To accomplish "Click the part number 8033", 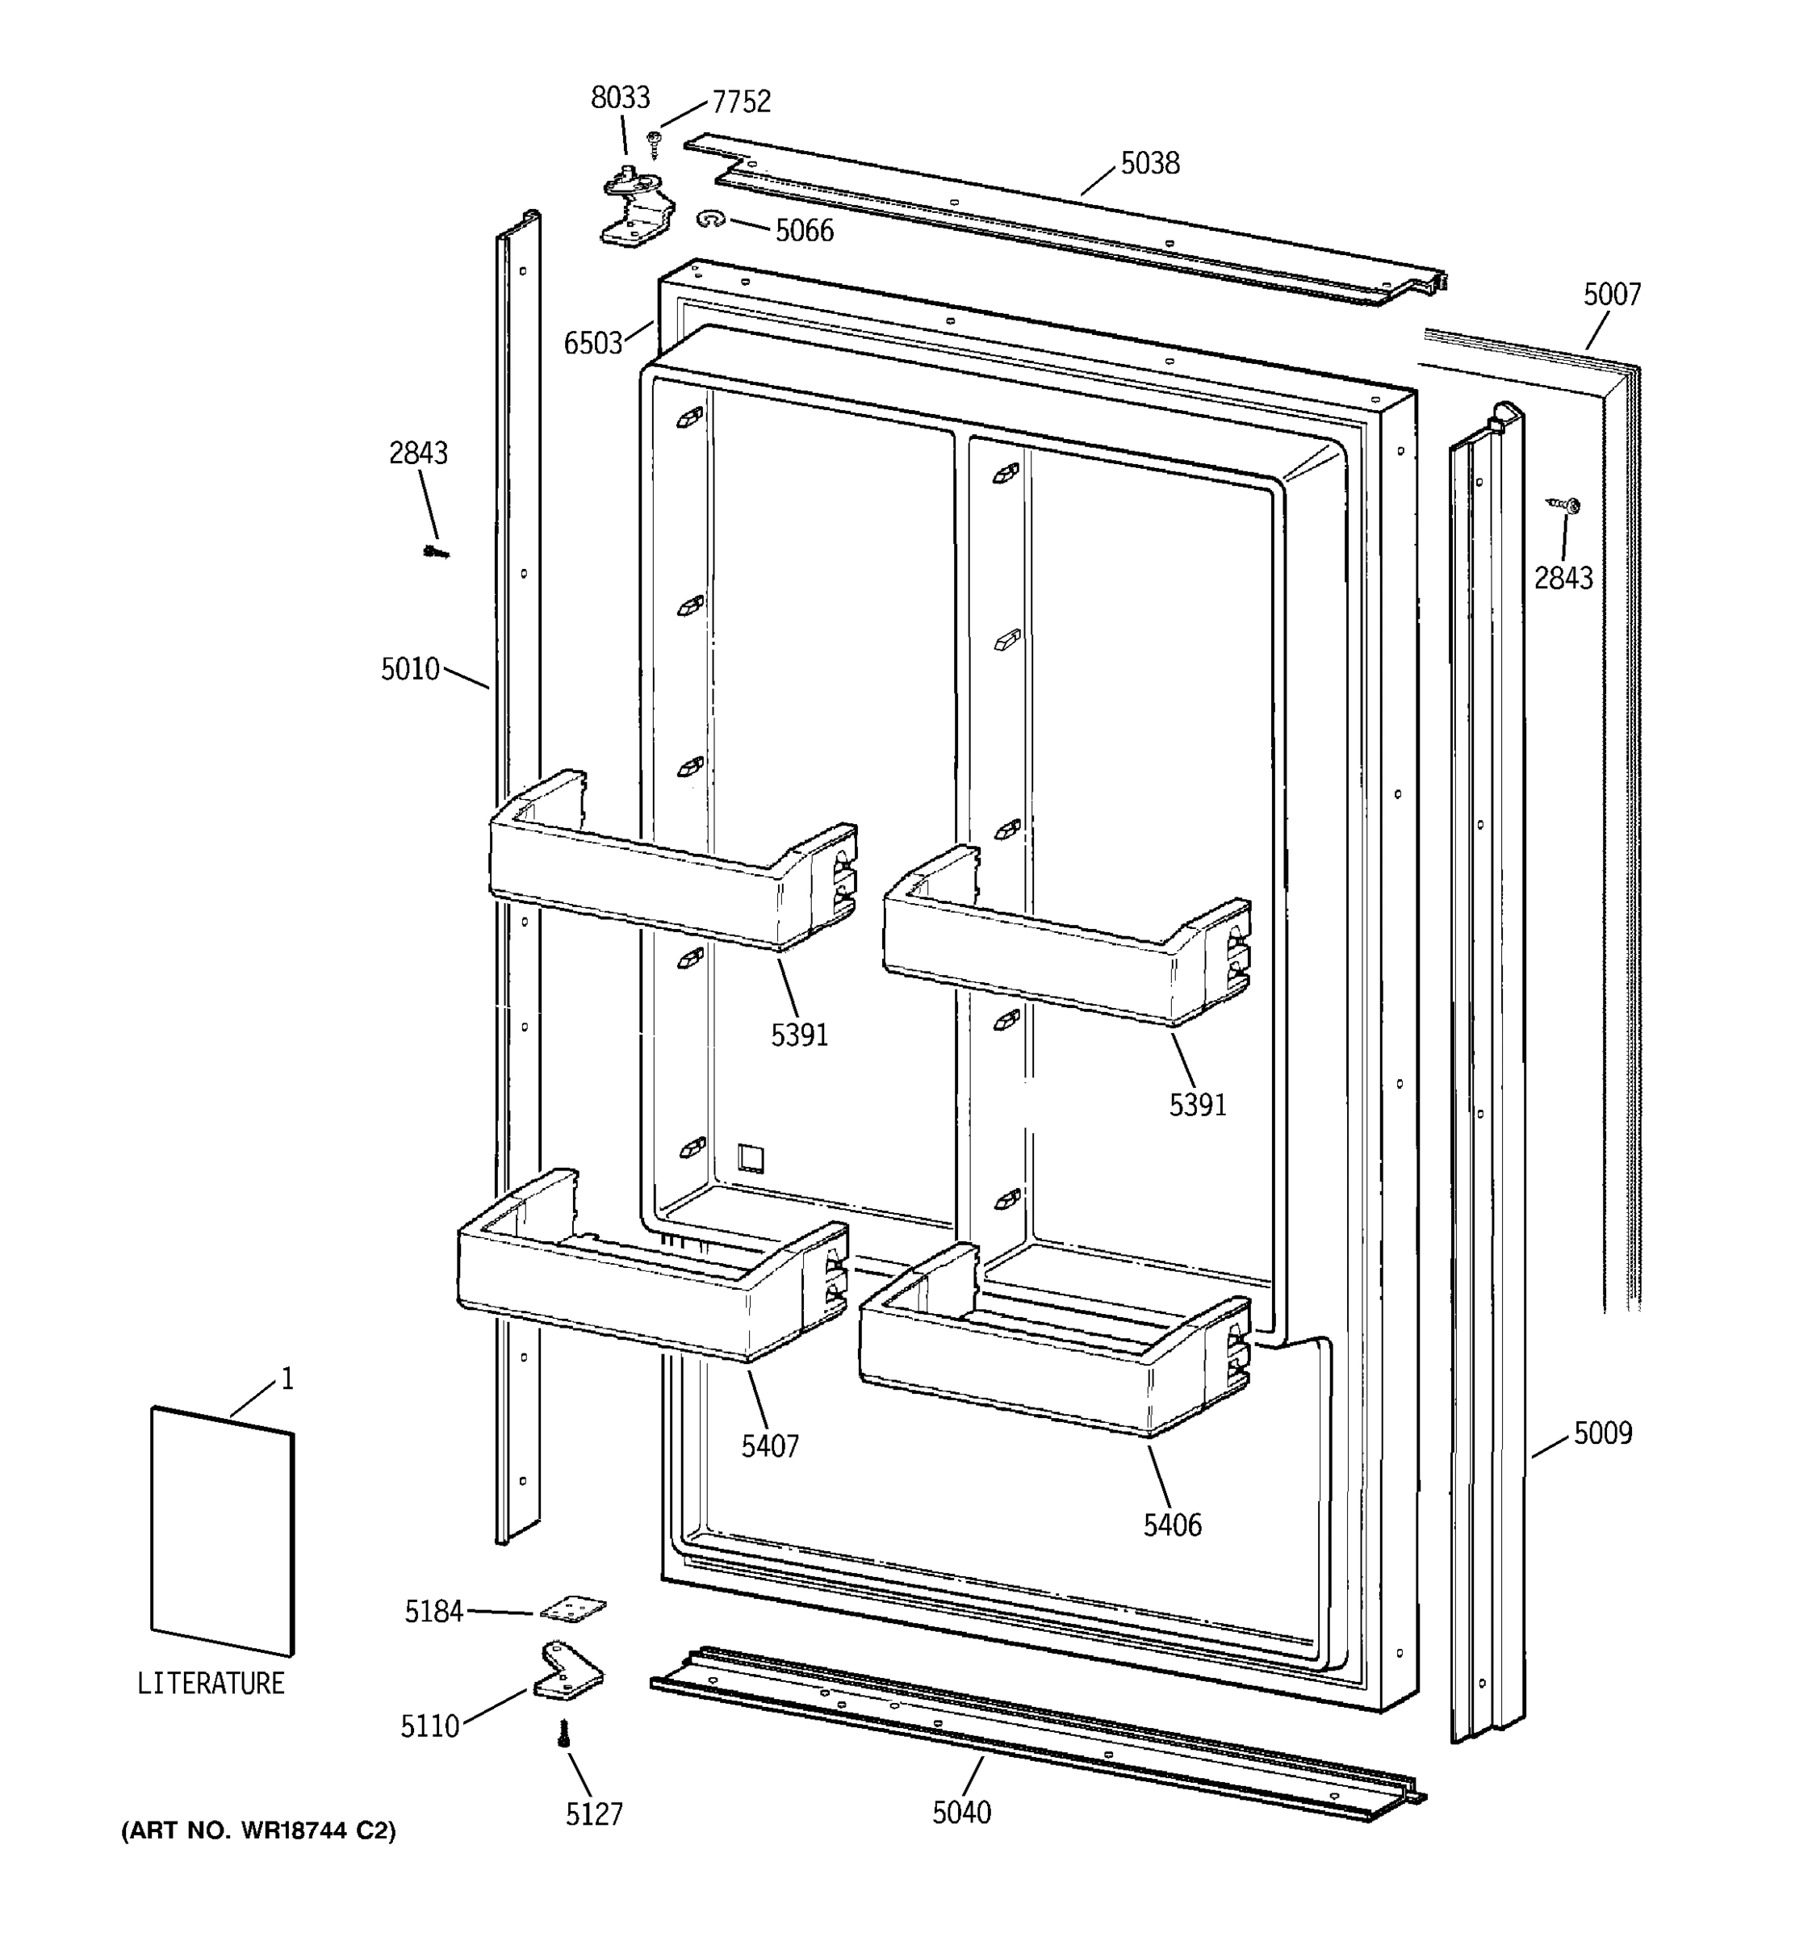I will click(620, 98).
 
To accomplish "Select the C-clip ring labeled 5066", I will click(711, 220).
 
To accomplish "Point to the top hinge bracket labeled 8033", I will click(635, 207).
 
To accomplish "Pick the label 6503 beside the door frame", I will click(592, 343).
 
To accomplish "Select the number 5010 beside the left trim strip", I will click(410, 669).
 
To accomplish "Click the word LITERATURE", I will click(211, 1684).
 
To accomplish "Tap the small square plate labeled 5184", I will click(572, 1609).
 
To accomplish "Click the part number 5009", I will click(1603, 1433).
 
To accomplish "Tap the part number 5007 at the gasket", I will click(1612, 295).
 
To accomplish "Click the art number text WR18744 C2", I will click(258, 1832).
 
